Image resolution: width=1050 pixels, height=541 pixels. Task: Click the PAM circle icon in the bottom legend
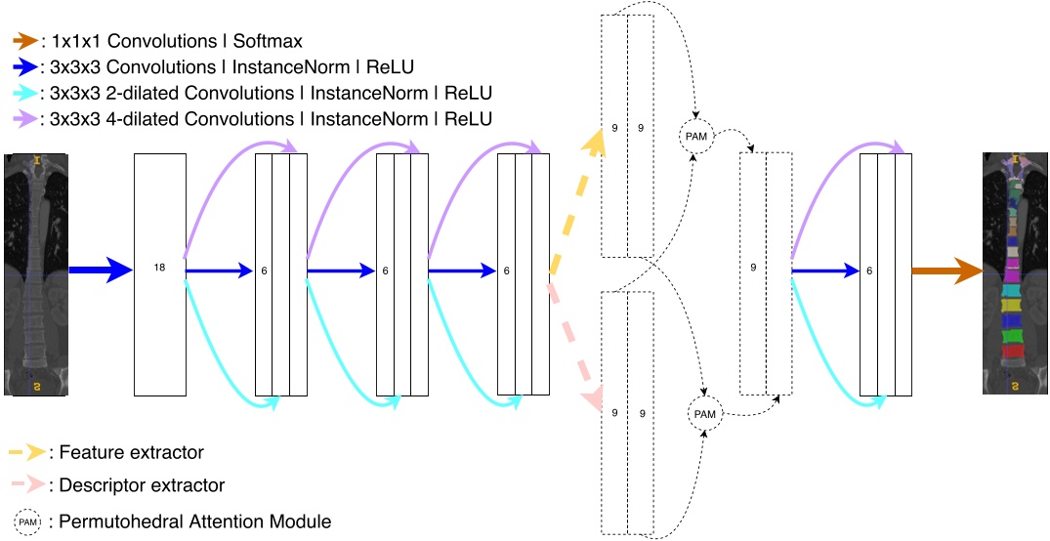[29, 521]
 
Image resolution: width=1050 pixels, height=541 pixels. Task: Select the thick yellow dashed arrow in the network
[576, 200]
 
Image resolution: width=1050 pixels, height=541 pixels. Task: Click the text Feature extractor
[131, 452]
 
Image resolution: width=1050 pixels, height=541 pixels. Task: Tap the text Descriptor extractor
[142, 485]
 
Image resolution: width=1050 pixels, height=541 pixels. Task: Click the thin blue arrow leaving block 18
[220, 271]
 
